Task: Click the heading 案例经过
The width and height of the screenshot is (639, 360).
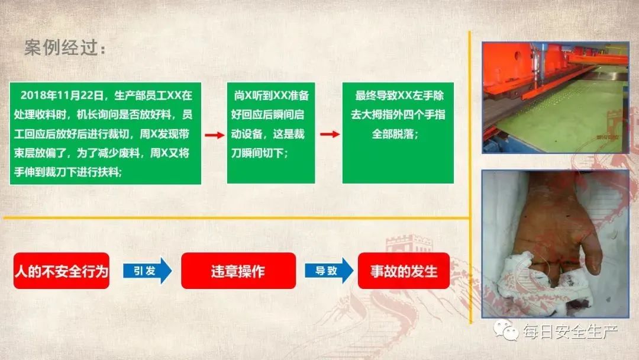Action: [x=64, y=48]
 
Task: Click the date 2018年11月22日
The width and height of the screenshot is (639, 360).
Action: [x=62, y=95]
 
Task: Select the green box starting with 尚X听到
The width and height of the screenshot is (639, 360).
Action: [x=271, y=133]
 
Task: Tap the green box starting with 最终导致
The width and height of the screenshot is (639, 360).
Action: [x=398, y=133]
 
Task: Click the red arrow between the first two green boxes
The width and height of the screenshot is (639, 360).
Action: [x=214, y=135]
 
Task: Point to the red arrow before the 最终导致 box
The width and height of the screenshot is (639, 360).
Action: [x=330, y=134]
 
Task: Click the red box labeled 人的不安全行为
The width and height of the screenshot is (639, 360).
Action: [x=62, y=271]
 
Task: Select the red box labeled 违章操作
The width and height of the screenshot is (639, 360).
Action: [x=238, y=271]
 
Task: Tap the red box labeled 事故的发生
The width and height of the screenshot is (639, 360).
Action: [x=404, y=271]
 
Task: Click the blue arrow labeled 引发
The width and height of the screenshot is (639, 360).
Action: [x=147, y=271]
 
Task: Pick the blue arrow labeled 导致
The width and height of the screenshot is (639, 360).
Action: [x=329, y=271]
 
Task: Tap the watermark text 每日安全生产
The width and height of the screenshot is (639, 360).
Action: [x=570, y=332]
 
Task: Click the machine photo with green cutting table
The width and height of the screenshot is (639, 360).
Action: [x=555, y=98]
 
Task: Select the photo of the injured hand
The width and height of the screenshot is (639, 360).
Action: [x=555, y=244]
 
